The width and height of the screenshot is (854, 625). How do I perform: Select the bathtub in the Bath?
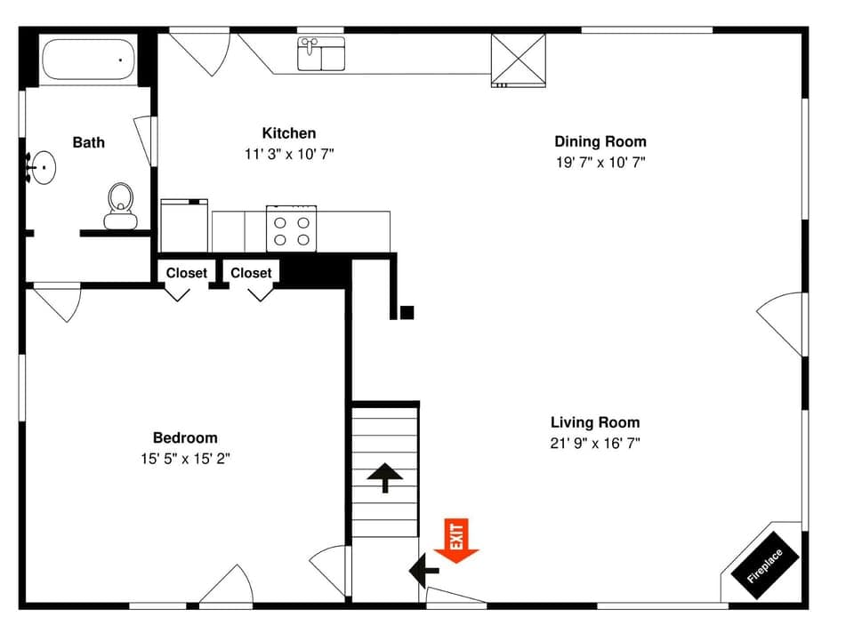coord(87,60)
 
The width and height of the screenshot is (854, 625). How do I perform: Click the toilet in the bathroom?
coord(120,205)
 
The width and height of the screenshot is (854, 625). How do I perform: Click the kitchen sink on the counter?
coord(321,53)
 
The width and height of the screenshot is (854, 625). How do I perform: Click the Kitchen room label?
coord(288,133)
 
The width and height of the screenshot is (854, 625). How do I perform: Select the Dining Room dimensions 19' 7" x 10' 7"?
coord(600,163)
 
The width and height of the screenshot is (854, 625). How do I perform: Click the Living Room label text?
coord(594,422)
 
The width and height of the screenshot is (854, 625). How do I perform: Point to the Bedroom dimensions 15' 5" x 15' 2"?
coord(185,459)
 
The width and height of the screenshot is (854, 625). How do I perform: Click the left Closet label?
coord(187,273)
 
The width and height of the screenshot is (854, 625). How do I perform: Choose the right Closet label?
coord(251,273)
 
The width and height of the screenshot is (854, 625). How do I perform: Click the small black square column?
coord(407,312)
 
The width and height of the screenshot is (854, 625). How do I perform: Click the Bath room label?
coord(88,142)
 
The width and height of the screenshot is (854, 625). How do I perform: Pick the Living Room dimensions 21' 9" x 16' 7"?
coord(594,443)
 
